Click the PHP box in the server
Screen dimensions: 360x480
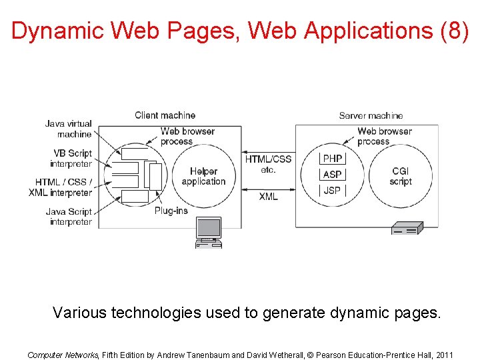click(x=332, y=159)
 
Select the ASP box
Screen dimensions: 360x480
click(x=332, y=175)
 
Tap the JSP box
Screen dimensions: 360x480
click(x=332, y=191)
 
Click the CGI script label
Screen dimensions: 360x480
click(x=401, y=176)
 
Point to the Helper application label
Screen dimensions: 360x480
click(x=203, y=177)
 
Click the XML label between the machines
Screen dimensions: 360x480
click(x=268, y=197)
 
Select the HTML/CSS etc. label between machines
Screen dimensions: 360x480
click(x=268, y=164)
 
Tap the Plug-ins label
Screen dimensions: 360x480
click(x=171, y=211)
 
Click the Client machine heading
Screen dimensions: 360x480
click(x=165, y=115)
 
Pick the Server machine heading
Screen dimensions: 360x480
click(x=371, y=115)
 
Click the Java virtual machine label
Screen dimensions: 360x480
click(x=69, y=129)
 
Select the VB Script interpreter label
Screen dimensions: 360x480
click(x=71, y=159)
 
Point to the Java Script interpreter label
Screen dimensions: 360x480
click(x=69, y=217)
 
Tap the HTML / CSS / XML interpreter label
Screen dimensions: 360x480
click(x=61, y=187)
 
